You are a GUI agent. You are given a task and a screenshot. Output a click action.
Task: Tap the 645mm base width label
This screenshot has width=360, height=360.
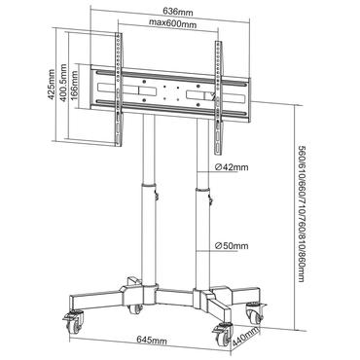point(148,343)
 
